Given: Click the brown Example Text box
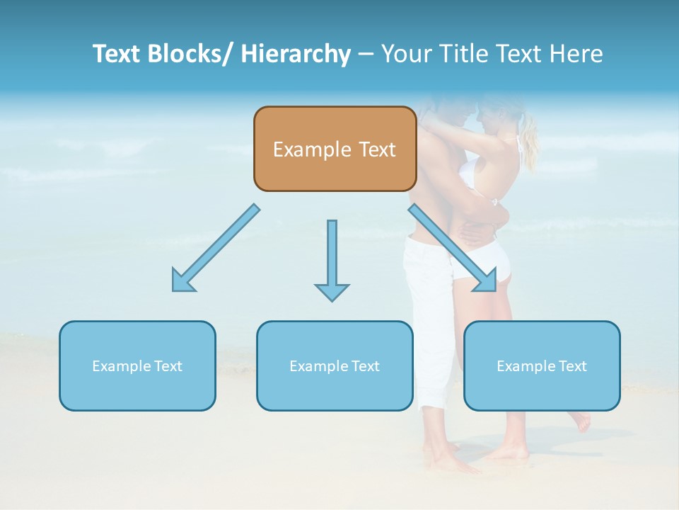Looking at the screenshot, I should pyautogui.click(x=335, y=149).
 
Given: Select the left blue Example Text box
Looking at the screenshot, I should pyautogui.click(x=137, y=365).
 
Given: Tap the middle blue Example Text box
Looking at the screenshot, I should pyautogui.click(x=335, y=365).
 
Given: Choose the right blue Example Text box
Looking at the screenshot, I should pyautogui.click(x=542, y=365).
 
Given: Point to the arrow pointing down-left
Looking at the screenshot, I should pyautogui.click(x=216, y=248).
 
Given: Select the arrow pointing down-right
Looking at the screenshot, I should pyautogui.click(x=453, y=248).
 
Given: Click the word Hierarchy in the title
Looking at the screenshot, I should pyautogui.click(x=296, y=54).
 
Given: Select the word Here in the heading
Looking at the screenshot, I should pyautogui.click(x=577, y=54).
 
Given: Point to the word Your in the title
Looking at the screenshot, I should pyautogui.click(x=406, y=54).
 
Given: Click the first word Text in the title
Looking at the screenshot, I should pyautogui.click(x=117, y=54).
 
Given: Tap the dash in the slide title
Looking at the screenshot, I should pyautogui.click(x=366, y=55).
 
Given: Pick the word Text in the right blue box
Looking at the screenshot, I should pyautogui.click(x=572, y=365).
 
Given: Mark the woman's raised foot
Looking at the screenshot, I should pyautogui.click(x=581, y=421).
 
